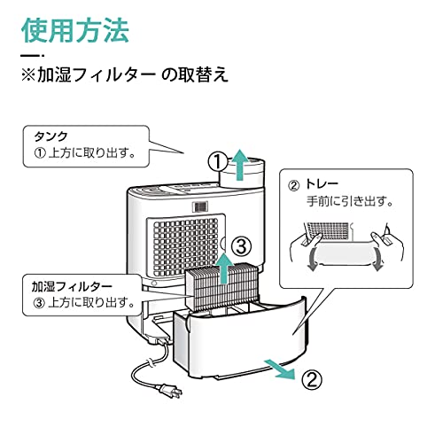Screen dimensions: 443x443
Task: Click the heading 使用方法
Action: (75, 30)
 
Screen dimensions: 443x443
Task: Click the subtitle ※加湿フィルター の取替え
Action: (125, 74)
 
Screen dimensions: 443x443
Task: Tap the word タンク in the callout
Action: (51, 136)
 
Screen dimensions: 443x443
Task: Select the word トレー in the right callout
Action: (322, 184)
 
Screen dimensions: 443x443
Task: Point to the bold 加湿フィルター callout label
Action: (72, 286)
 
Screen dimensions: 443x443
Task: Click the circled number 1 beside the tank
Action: (218, 162)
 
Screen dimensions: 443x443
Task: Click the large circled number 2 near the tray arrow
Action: (312, 379)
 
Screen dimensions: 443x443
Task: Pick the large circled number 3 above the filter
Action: (242, 247)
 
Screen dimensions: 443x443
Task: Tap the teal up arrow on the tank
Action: (241, 165)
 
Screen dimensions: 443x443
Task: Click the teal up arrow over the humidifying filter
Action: (225, 268)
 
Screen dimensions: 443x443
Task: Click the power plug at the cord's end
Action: (171, 391)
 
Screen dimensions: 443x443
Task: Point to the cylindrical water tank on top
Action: (242, 174)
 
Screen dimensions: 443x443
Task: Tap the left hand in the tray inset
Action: (306, 246)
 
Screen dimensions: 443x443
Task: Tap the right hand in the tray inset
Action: (387, 242)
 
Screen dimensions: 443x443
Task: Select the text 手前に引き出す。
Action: (350, 201)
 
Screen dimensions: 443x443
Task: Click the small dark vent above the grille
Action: (200, 206)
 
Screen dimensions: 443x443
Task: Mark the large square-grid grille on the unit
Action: (186, 247)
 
